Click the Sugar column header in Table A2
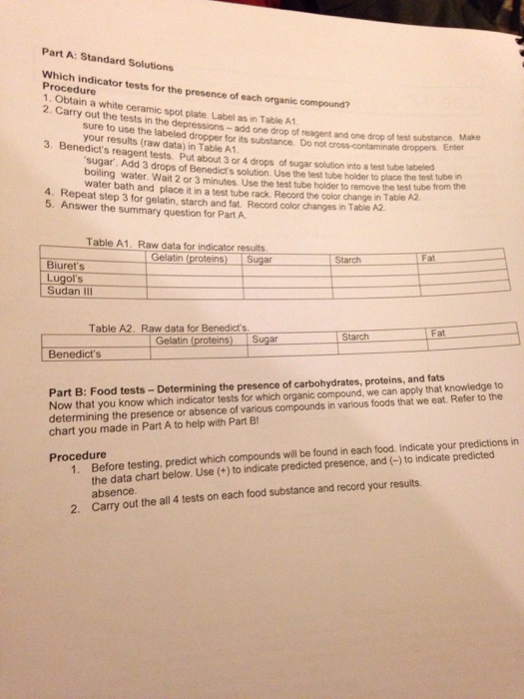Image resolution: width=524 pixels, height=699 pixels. pos(264,339)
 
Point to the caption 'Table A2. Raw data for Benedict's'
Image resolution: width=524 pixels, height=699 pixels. pos(167,327)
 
